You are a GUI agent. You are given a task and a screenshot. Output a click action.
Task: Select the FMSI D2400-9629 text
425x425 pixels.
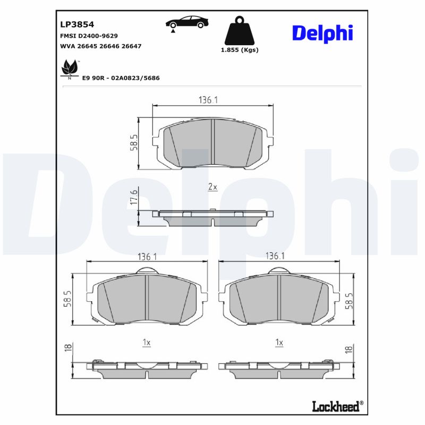(x=89, y=36)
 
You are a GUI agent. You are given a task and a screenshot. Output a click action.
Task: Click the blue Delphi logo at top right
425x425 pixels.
(x=322, y=33)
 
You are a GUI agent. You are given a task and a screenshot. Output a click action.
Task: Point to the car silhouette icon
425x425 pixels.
(x=186, y=23)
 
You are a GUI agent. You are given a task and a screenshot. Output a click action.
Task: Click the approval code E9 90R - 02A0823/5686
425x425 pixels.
(x=121, y=78)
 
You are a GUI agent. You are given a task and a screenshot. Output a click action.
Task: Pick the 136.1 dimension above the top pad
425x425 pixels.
(x=209, y=99)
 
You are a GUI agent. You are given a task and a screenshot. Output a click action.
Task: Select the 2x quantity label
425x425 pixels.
(x=212, y=187)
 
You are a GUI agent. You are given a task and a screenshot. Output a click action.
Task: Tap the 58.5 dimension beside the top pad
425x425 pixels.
(x=134, y=142)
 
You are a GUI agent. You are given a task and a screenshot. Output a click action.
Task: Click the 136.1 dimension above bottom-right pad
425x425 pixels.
(x=275, y=256)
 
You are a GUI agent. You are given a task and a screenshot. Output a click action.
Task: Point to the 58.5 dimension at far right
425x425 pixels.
(x=349, y=301)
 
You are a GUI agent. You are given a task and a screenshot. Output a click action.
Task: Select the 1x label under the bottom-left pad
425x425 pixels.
(x=147, y=343)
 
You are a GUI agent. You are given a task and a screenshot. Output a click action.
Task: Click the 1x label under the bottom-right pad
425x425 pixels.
(x=279, y=343)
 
